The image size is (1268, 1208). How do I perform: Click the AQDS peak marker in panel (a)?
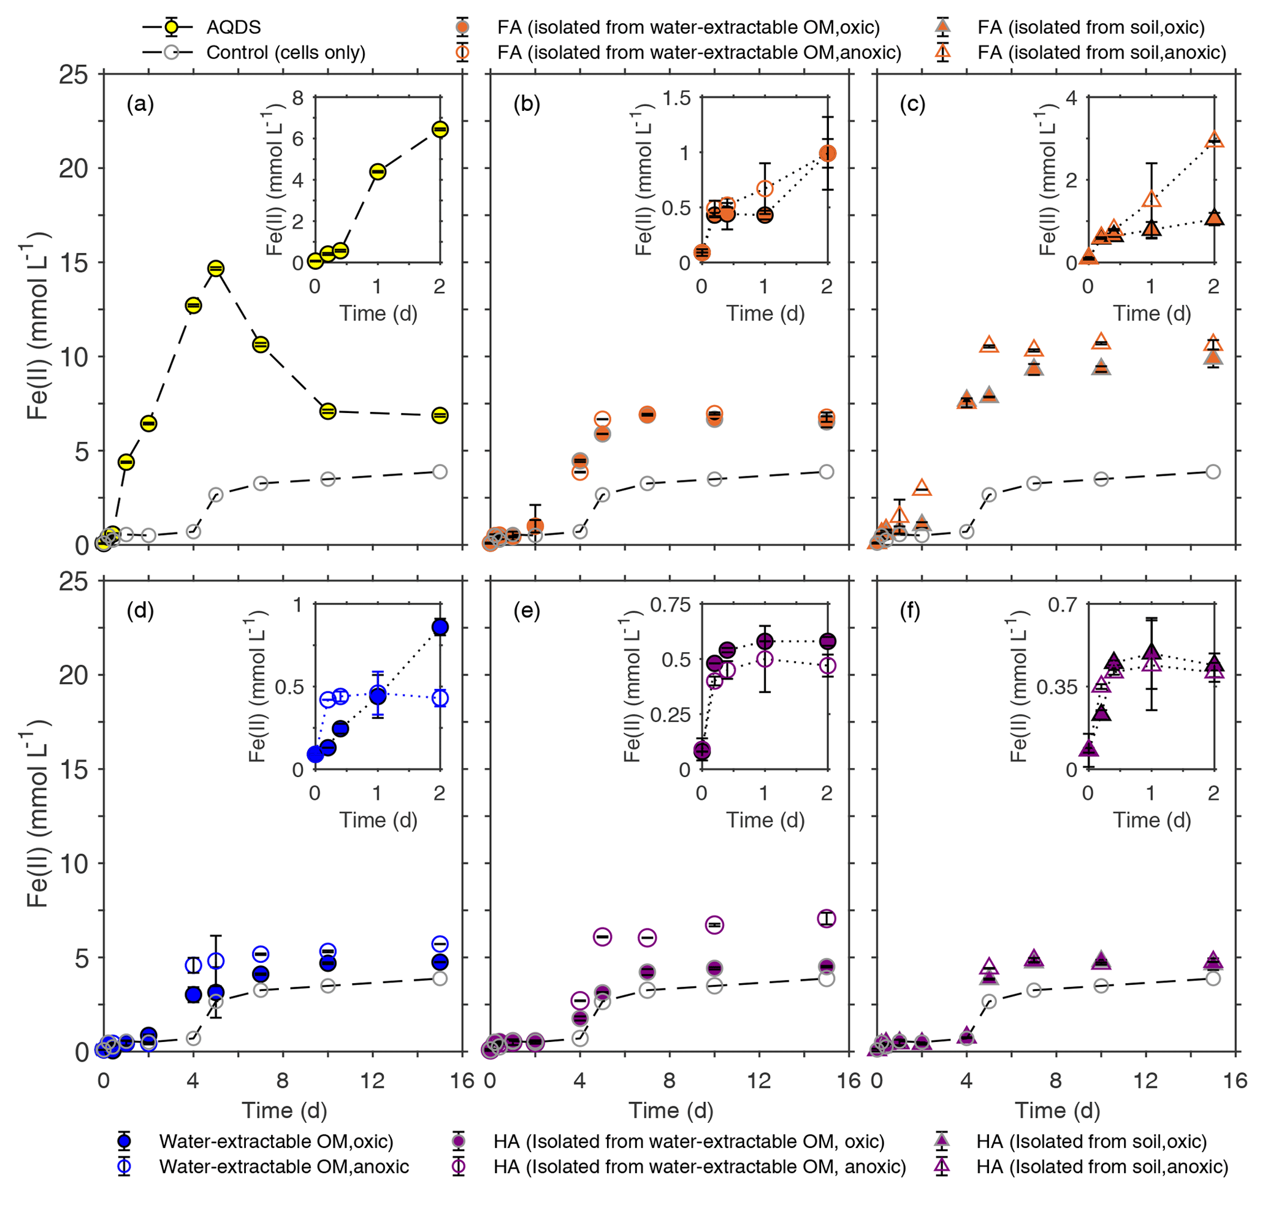point(216,268)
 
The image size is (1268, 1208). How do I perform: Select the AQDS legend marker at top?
point(170,27)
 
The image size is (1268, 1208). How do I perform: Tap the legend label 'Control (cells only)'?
point(286,52)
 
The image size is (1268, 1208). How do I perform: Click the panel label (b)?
point(527,104)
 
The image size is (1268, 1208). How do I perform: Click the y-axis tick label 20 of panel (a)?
point(73,169)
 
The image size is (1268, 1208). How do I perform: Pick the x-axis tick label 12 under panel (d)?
point(372,1080)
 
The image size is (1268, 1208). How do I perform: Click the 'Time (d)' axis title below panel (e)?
point(671,1110)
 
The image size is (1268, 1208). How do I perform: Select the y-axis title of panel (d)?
point(37,818)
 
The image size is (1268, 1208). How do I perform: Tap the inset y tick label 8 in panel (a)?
point(297,99)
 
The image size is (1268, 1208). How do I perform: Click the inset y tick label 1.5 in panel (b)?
point(676,99)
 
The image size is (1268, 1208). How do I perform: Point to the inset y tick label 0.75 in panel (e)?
point(670,605)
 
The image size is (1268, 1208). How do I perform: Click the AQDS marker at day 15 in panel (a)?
point(440,416)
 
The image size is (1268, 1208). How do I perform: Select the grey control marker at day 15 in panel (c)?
point(1213,472)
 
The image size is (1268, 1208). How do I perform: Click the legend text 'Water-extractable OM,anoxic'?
point(284,1166)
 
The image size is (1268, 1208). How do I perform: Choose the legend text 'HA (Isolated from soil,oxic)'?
point(1091,1141)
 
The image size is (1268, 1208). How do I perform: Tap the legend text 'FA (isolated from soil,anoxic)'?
point(1102,52)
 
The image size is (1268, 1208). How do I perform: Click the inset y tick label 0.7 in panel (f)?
point(1063,605)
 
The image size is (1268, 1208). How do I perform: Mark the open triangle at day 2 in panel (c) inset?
point(1215,140)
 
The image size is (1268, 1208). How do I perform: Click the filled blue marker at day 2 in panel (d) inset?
point(441,627)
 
